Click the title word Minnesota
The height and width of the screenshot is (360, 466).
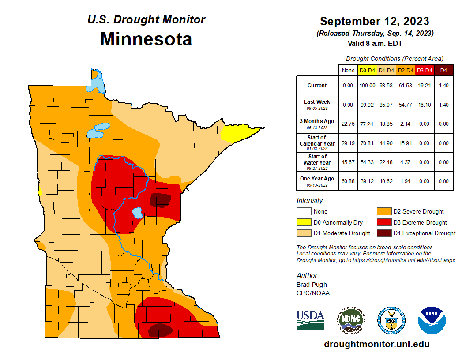point(146,39)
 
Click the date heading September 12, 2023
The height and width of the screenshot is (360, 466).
point(374,21)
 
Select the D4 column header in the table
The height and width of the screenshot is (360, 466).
point(443,70)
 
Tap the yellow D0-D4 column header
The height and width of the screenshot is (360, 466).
point(367,70)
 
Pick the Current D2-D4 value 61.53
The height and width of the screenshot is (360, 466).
point(406,86)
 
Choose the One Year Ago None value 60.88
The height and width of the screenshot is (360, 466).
point(348,181)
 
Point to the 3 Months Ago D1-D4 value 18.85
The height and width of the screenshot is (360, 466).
point(387,124)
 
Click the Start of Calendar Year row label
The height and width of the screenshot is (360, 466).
point(317,143)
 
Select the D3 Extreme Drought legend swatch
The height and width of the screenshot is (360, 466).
point(384,222)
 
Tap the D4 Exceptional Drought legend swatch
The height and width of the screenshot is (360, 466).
point(384,233)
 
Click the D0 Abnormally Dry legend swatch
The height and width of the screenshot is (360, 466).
point(304,222)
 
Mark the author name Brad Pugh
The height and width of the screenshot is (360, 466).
point(312,285)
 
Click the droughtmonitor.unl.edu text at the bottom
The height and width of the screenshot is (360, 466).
point(376,344)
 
